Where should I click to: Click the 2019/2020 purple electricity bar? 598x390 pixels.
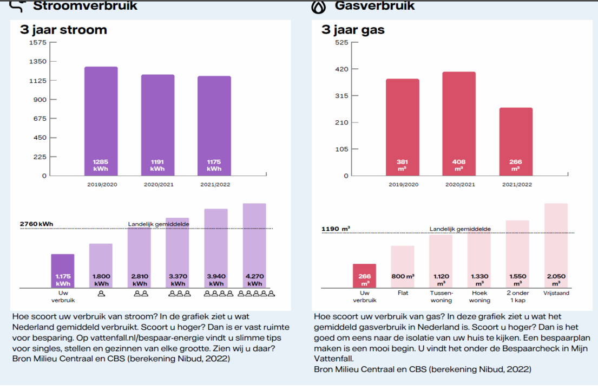pos(101,121)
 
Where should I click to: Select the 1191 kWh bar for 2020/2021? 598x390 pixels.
pos(157,125)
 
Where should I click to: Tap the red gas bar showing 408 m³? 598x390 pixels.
pos(458,123)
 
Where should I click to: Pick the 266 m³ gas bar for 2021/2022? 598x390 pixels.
pos(515,141)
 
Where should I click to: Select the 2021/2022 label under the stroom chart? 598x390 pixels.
pos(214,185)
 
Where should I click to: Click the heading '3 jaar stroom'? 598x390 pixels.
pos(63,30)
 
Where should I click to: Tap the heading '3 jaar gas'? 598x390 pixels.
pos(353,30)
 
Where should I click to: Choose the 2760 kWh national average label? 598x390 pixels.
pos(36,224)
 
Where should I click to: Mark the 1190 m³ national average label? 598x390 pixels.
pos(336,229)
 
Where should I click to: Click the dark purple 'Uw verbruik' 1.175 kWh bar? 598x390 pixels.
pos(63,271)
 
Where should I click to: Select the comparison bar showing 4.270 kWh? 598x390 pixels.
pos(254,245)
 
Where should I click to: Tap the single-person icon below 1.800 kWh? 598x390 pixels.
pos(101,294)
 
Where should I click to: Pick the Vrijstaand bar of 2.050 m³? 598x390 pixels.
pos(556,245)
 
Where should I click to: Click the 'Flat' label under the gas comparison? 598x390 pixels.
pos(403,294)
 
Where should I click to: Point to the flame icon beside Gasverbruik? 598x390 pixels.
pos(318,6)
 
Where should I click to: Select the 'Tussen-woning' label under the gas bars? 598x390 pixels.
pos(441,297)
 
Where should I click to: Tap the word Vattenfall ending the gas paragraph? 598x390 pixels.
pos(336,358)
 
